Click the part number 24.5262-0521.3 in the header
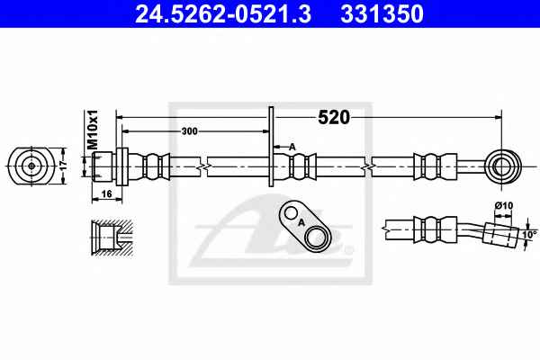[x=223, y=14]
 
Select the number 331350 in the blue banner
[x=382, y=14]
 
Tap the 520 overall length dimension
[x=333, y=118]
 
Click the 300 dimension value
[x=190, y=131]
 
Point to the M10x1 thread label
[x=92, y=130]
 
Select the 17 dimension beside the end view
[x=63, y=166]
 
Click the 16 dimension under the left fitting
[x=107, y=194]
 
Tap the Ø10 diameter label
[x=504, y=206]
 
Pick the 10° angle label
[x=530, y=235]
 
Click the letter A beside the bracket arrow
[x=292, y=148]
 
